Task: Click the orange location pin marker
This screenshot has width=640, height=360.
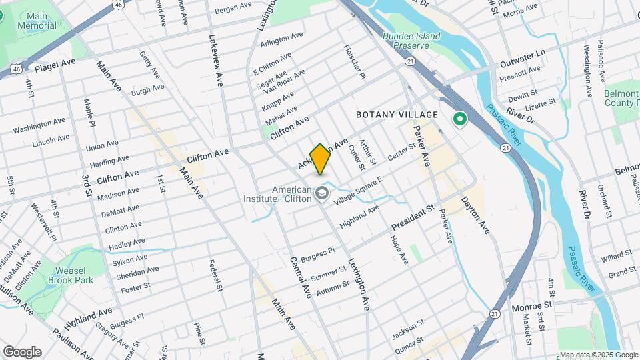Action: tap(320, 159)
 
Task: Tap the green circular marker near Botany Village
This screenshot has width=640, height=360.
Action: tap(459, 120)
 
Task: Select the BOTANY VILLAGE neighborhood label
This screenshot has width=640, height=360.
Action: tap(397, 115)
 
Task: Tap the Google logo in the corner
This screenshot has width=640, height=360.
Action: tap(22, 351)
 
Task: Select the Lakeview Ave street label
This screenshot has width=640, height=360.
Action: tap(216, 61)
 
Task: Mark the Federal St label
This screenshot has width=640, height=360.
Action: tap(215, 275)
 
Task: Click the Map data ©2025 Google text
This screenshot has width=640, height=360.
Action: tap(599, 355)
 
